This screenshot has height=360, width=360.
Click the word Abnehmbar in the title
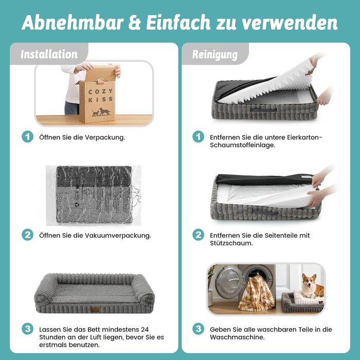pos(73,23)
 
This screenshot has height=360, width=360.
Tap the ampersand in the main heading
pos(135,23)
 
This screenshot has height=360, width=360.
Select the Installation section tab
pos(49,54)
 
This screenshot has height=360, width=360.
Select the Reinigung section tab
pos(215,55)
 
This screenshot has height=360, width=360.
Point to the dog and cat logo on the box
pos(101,112)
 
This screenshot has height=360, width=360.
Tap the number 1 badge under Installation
pos(28,137)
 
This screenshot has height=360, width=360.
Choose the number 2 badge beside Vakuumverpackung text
pos(28,235)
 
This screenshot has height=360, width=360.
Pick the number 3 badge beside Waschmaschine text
pos(199,329)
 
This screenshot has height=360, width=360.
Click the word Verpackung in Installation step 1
pos(105,137)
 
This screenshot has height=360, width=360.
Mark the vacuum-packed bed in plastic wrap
pos(94,195)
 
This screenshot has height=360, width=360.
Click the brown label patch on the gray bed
pos(95,309)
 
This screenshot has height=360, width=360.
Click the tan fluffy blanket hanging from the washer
pos(256,294)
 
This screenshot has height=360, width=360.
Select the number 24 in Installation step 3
pos(145,330)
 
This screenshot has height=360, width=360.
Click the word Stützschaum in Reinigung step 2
pos(231,243)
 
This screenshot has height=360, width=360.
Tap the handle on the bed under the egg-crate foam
pos(263,110)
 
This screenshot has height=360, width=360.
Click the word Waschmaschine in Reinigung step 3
pos(237,337)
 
